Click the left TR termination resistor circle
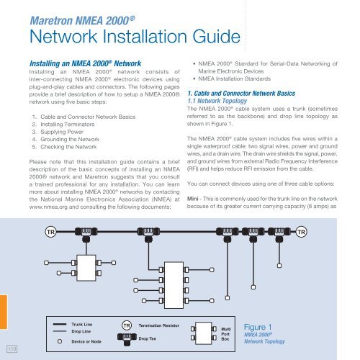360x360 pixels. (50, 232)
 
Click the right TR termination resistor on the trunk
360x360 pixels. (301, 232)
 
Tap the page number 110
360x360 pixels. (12, 348)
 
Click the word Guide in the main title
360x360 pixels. (216, 37)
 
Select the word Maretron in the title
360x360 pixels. (51, 20)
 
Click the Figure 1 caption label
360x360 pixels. (258, 327)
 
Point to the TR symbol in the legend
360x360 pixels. (127, 325)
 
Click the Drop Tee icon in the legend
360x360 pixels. (127, 339)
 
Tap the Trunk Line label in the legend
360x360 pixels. (82, 324)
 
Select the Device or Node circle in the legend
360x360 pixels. (60, 341)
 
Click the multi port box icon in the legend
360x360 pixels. (204, 333)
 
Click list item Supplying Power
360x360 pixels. (62, 132)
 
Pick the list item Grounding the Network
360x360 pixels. (70, 139)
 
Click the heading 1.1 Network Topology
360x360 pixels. (217, 101)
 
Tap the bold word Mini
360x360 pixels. (193, 199)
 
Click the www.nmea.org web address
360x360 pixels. (48, 207)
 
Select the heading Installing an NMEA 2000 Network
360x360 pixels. (85, 63)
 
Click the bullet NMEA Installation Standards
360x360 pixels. (234, 78)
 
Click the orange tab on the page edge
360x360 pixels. (4, 312)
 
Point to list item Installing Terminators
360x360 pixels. (67, 125)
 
